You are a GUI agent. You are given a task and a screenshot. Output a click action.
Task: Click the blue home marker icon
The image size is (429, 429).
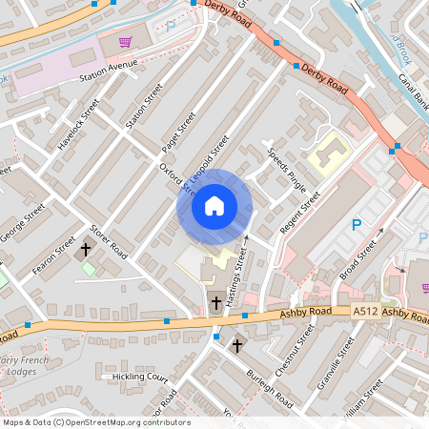[214, 205]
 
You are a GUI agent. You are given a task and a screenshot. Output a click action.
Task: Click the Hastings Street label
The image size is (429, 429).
[243, 276]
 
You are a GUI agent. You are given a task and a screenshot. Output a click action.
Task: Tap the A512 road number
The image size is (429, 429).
[365, 311]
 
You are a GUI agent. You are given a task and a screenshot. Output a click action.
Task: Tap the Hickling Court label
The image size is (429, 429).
[140, 378]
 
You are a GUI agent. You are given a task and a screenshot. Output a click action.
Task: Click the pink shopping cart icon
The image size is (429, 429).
[125, 42]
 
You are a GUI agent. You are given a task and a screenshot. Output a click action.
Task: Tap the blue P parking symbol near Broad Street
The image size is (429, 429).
[357, 225]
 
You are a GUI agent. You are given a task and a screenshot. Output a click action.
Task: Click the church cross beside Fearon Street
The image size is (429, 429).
[86, 250]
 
